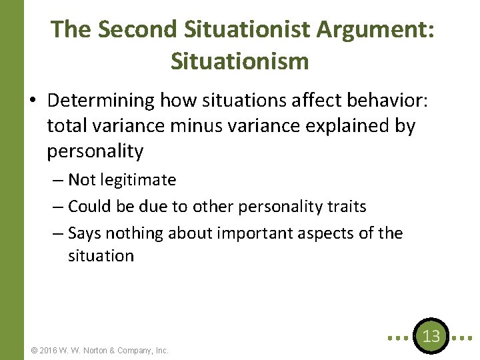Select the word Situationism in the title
coord(240,61)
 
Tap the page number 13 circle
coord(431,336)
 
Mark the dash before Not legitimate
coord(56,180)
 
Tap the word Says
coord(83,233)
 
